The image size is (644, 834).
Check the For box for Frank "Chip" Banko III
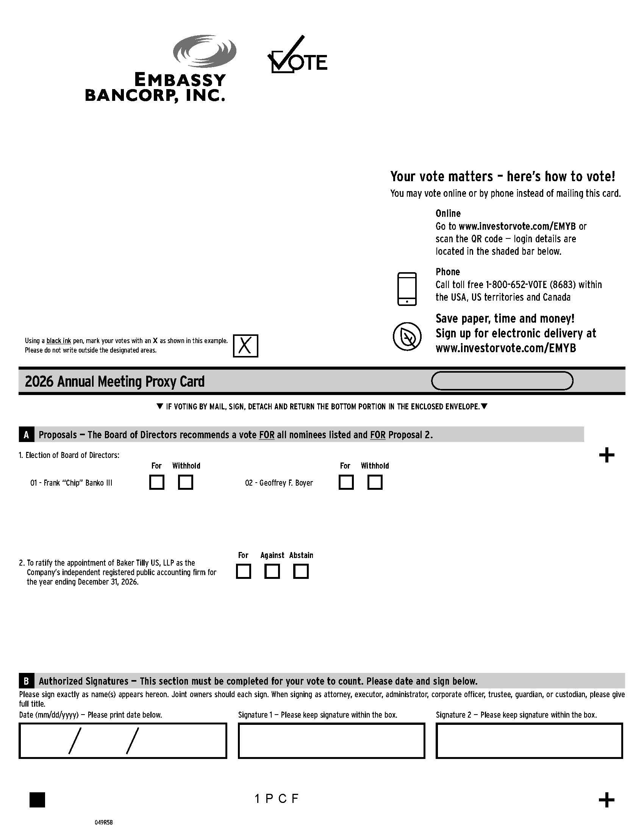point(157,482)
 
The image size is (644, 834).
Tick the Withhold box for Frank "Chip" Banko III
point(185,482)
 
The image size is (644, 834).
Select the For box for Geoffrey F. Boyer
point(346,482)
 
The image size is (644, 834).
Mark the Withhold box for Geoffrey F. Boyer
point(375,482)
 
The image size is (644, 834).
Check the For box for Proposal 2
point(244,572)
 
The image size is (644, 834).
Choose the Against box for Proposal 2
point(272,572)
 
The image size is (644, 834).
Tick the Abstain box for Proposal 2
point(301,572)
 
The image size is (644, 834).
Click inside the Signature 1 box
point(331,741)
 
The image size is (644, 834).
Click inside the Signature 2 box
point(529,741)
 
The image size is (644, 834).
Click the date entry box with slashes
point(122,741)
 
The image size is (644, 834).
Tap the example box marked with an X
point(245,346)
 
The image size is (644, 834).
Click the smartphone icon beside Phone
point(407,289)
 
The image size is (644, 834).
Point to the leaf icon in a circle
point(407,336)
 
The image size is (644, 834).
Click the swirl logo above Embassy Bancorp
point(205,52)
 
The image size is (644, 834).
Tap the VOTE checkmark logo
point(297,55)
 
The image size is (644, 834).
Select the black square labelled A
point(26,434)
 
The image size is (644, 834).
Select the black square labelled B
point(26,681)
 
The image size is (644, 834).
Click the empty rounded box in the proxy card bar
point(502,381)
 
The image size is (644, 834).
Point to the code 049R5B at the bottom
point(104,822)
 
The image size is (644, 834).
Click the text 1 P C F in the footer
point(277,799)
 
